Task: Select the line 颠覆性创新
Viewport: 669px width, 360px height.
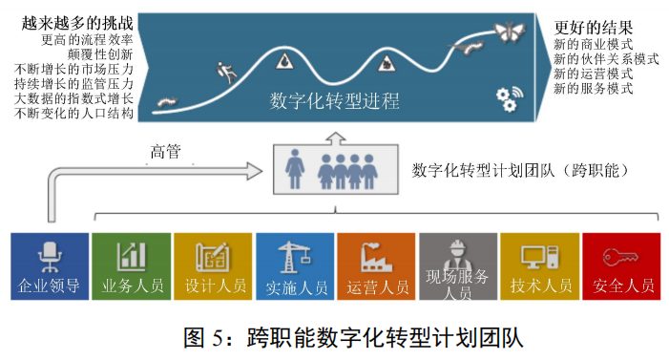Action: pos(100,55)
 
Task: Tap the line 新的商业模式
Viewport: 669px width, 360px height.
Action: pos(594,43)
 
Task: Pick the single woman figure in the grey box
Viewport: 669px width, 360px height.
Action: pos(295,169)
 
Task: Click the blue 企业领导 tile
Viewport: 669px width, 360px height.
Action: pos(49,266)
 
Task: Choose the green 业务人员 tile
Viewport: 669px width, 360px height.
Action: pos(131,266)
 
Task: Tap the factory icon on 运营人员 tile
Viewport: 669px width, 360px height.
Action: pos(376,256)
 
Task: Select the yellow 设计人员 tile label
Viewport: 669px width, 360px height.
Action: pos(213,286)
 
